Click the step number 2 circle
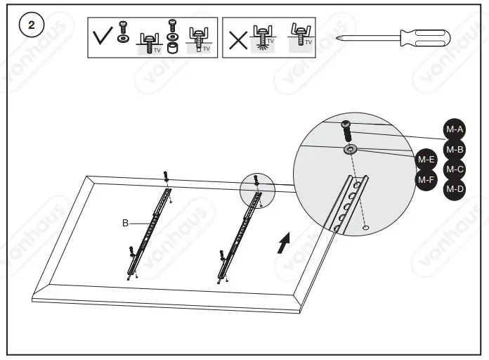click(x=30, y=25)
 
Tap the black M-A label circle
click(x=455, y=129)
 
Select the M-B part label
click(x=455, y=149)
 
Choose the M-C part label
click(x=455, y=169)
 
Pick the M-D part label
click(x=455, y=188)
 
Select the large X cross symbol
click(x=238, y=39)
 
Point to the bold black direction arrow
click(x=282, y=244)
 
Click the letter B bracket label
click(x=125, y=223)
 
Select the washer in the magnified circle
click(x=351, y=149)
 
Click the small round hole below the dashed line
click(x=366, y=228)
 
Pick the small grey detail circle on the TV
click(x=259, y=191)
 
